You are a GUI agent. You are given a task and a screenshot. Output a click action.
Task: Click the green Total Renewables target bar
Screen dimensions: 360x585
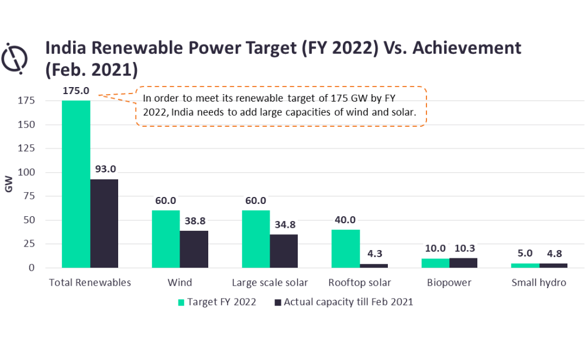click(76, 184)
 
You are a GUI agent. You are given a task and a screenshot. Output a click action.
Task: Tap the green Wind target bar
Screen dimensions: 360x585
click(166, 239)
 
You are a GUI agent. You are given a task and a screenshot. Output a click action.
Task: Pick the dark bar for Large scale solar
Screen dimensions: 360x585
click(284, 251)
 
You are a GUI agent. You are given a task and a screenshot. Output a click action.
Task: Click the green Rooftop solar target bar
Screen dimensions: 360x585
click(345, 248)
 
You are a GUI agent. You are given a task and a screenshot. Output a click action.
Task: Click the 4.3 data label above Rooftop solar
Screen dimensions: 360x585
click(374, 255)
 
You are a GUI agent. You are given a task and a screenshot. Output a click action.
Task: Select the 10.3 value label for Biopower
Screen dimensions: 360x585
click(463, 249)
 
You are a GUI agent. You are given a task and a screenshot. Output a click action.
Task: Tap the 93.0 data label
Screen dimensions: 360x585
click(104, 169)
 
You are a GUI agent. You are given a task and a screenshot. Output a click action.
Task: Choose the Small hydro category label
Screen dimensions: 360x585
click(539, 283)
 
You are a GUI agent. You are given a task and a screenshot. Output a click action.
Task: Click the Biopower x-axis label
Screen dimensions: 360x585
click(449, 283)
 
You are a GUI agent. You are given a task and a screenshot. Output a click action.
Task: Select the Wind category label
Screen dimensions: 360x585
click(180, 283)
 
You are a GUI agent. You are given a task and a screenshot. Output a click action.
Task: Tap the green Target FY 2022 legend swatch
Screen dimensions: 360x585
click(181, 302)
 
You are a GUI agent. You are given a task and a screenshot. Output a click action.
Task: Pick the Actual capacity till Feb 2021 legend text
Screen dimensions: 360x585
click(349, 302)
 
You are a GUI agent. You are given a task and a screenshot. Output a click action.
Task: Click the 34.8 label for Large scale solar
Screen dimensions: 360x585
click(284, 225)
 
